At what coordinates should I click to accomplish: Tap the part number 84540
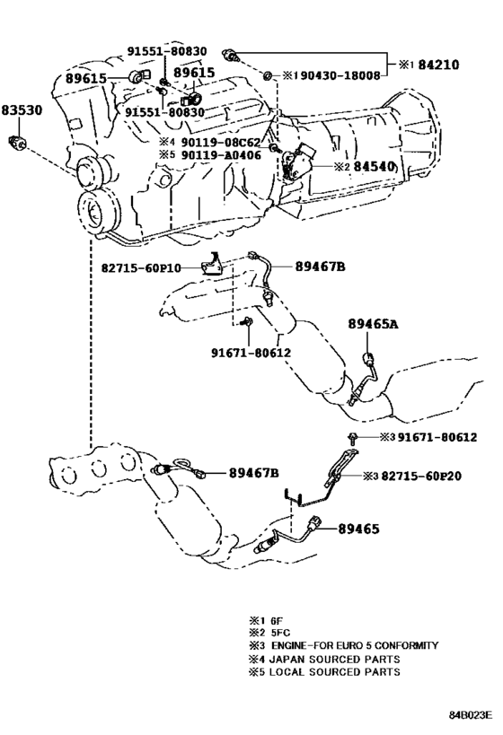point(374,166)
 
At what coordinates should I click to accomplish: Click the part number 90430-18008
point(334,76)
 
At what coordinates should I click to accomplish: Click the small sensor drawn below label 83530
point(14,141)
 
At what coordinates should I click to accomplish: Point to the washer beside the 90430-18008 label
point(268,72)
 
